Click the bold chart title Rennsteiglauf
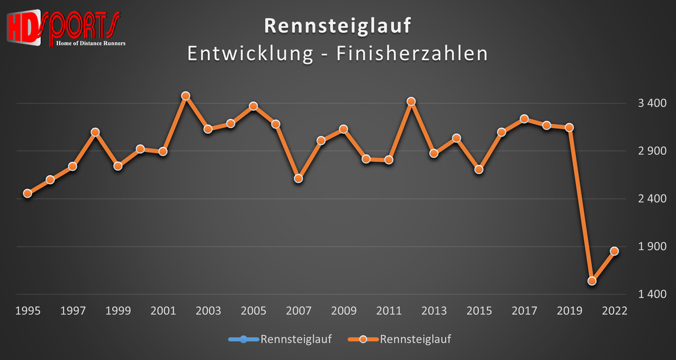click(x=337, y=26)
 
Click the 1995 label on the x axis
click(x=27, y=312)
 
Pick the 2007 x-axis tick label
click(x=299, y=312)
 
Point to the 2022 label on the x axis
click(x=615, y=312)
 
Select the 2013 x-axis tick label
click(x=434, y=312)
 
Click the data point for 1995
click(x=27, y=193)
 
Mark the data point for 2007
click(x=299, y=179)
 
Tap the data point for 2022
click(x=615, y=251)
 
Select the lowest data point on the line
click(x=592, y=281)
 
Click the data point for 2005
click(x=253, y=106)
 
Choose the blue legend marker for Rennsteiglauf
click(x=244, y=339)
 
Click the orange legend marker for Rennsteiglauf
click(x=364, y=339)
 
